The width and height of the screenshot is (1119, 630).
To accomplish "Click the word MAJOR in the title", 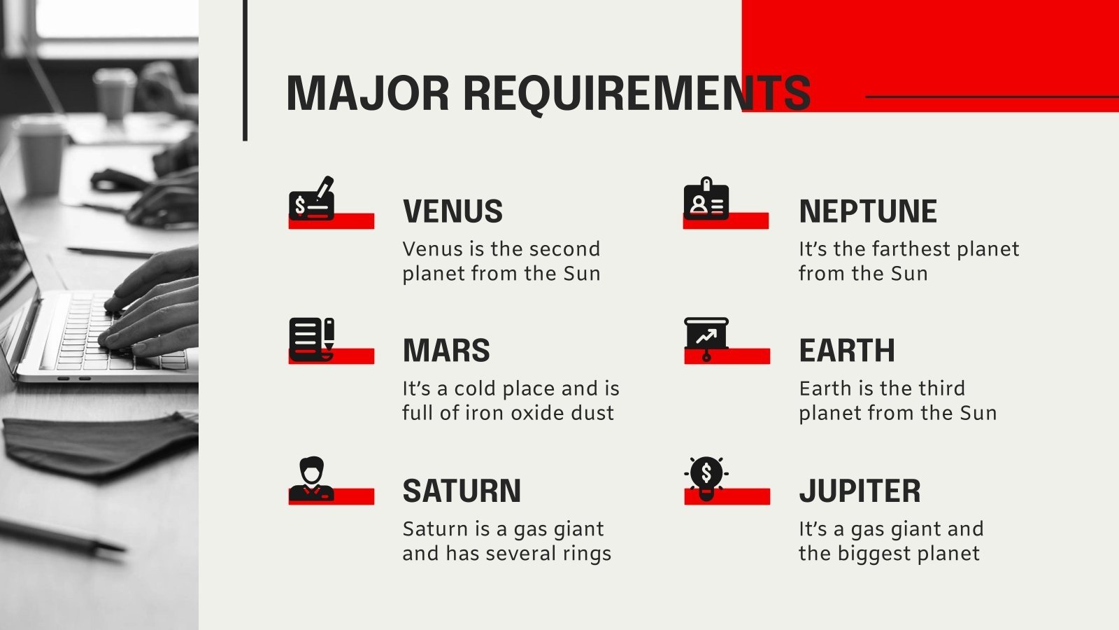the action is [x=368, y=94].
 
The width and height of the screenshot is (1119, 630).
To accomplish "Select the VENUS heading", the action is [x=452, y=211].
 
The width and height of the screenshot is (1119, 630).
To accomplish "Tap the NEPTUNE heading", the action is [x=868, y=211].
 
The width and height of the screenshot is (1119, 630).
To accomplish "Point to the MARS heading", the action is [x=446, y=350].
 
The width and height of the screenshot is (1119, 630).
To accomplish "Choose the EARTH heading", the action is [x=847, y=350].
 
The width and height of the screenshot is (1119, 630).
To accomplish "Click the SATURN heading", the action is [x=462, y=491].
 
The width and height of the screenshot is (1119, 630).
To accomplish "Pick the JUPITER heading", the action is [x=860, y=491].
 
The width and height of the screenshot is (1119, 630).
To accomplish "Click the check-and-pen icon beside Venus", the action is [x=312, y=198].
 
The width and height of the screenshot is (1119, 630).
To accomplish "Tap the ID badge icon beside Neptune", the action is [x=706, y=199].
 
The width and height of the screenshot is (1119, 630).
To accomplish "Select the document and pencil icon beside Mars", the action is [x=312, y=339].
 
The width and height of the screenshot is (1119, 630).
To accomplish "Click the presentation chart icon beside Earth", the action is [x=706, y=339].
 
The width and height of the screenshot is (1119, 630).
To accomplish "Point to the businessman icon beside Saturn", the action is [x=312, y=479].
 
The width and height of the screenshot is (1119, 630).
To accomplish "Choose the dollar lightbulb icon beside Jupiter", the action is [x=706, y=479].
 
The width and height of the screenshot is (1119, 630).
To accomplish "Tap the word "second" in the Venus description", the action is [x=562, y=249].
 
